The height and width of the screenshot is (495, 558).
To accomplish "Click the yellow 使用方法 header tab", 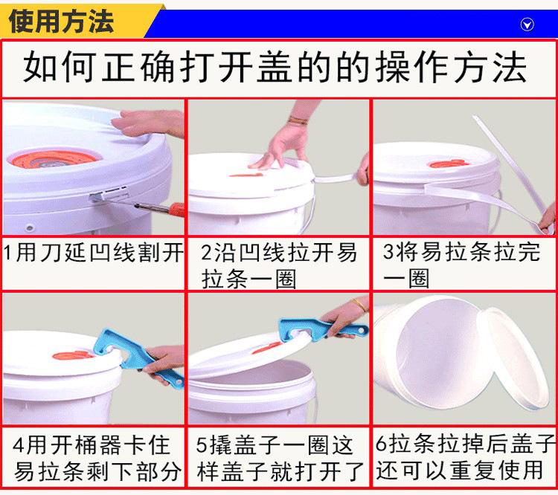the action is [77, 22].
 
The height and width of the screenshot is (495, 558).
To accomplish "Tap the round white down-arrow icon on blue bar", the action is [527, 25].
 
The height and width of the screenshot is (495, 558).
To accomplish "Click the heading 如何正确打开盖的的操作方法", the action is [275, 67].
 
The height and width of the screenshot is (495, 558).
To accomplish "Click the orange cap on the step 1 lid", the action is [54, 160].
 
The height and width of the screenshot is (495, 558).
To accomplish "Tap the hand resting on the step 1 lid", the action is [149, 123].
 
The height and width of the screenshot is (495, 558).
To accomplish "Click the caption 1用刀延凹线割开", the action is [93, 253].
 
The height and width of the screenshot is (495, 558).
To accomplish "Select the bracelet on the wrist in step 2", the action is [298, 120].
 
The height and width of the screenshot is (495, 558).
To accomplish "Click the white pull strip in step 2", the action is [336, 178].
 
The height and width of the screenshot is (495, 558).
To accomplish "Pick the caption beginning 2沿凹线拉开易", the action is [278, 265].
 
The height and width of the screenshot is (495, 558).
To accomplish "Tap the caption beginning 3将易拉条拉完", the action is [461, 265].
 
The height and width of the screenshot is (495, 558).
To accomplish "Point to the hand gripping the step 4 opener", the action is [164, 364].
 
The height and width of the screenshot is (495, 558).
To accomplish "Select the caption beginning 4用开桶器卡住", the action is [96, 459].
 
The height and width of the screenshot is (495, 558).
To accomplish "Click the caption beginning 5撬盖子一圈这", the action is [280, 459].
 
